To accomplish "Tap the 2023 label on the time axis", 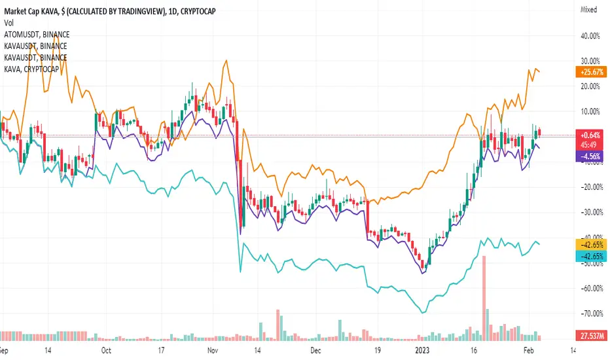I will (421, 350).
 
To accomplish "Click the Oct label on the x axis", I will (107, 350).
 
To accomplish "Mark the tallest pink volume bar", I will (484, 298).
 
